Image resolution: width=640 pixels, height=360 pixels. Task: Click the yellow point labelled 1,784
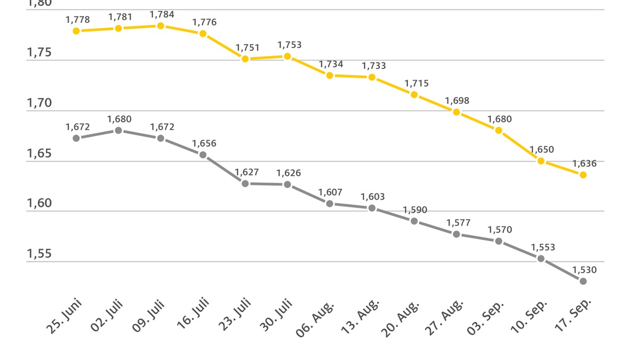click(x=161, y=26)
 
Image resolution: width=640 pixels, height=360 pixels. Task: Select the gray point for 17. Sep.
click(x=583, y=281)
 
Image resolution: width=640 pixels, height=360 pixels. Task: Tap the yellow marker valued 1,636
click(x=583, y=175)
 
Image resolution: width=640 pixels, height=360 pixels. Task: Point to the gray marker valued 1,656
click(x=203, y=155)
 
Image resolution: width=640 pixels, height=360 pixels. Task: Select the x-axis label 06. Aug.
click(x=316, y=318)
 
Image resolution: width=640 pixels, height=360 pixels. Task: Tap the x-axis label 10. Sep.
click(x=528, y=318)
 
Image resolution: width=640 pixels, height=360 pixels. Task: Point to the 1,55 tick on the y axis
click(x=39, y=254)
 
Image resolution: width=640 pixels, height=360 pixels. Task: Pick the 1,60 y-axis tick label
click(x=39, y=204)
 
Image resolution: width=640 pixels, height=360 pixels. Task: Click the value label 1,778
click(x=78, y=20)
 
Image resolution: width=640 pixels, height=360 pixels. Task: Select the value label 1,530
click(x=585, y=270)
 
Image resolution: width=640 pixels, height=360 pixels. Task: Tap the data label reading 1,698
click(x=458, y=101)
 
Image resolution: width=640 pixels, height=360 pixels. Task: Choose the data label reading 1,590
click(x=415, y=210)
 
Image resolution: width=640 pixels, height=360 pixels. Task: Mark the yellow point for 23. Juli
click(x=245, y=59)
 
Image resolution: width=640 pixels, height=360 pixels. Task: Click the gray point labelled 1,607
click(x=330, y=203)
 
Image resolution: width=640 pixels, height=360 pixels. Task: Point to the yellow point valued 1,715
click(x=414, y=94)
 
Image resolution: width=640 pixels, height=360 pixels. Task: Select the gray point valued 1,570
click(x=499, y=241)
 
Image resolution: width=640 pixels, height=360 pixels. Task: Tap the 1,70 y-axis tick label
click(x=39, y=103)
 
